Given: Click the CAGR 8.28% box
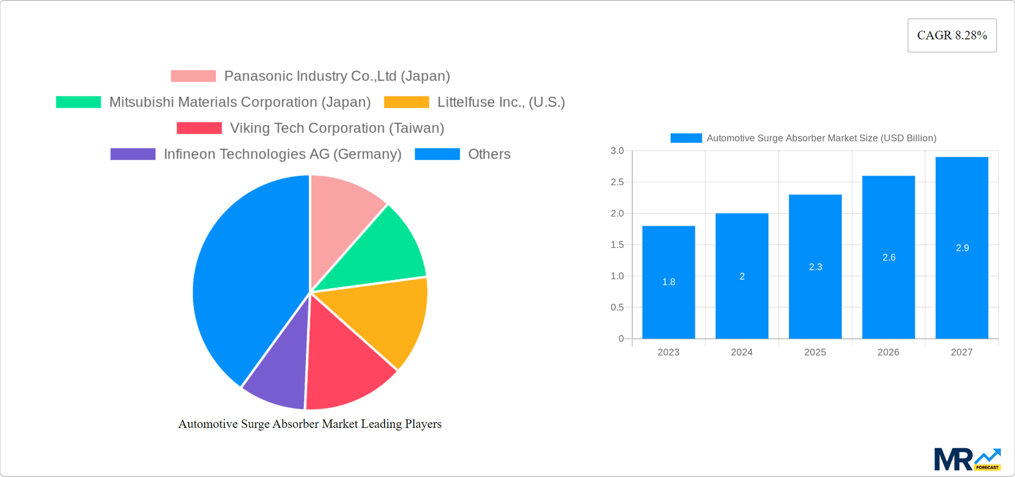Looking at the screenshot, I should click(x=952, y=35).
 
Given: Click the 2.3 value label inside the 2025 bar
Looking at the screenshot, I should click(x=815, y=267).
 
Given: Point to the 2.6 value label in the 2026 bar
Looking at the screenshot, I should click(x=889, y=258).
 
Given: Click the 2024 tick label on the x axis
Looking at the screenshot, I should click(x=741, y=352).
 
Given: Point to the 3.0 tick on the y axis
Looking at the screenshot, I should click(x=617, y=151).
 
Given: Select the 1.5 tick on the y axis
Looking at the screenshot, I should click(x=617, y=245).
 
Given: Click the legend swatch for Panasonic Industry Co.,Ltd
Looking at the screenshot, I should click(x=193, y=76).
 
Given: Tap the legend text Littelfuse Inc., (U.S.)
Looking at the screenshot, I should click(x=501, y=102).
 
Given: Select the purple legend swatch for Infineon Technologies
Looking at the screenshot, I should click(x=133, y=154).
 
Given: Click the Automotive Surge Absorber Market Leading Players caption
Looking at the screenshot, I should click(x=309, y=424).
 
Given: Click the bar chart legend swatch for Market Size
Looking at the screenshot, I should click(x=686, y=138).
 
